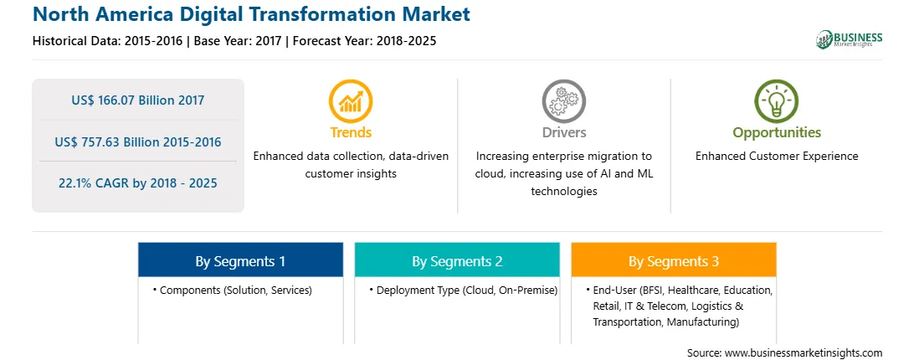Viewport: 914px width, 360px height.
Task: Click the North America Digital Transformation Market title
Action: tap(251, 14)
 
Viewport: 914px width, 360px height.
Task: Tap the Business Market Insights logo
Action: tap(850, 39)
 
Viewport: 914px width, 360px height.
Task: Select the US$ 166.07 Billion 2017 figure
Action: tap(138, 100)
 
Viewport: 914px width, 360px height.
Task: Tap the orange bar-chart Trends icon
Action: tap(351, 101)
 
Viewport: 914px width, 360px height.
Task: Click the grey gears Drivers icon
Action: tap(563, 101)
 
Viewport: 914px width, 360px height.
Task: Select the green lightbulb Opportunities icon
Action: tap(777, 101)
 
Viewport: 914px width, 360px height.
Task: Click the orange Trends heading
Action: tap(351, 132)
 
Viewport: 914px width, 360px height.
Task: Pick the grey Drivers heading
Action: tap(563, 132)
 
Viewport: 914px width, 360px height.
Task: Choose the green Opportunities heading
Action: tap(777, 133)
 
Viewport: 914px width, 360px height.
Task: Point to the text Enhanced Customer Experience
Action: tap(777, 157)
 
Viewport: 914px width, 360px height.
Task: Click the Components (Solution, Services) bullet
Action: tap(234, 290)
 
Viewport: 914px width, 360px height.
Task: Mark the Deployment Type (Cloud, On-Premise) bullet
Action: tap(464, 290)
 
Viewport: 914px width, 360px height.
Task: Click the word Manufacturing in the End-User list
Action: tap(704, 321)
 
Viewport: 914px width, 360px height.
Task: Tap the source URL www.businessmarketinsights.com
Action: tap(804, 353)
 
